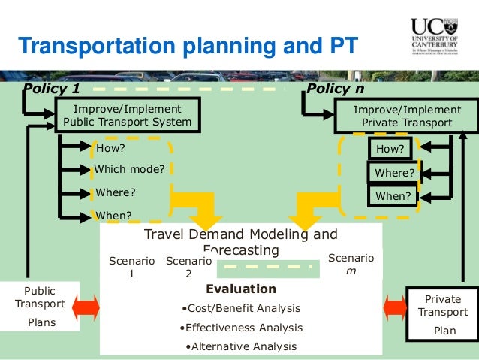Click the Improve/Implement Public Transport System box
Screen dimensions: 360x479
pos(127,116)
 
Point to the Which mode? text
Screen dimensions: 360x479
pos(129,169)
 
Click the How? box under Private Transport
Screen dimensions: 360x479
pos(390,149)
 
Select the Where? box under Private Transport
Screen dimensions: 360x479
pos(394,173)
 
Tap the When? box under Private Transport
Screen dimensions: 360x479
pos(393,196)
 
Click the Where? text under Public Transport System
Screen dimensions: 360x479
pos(116,192)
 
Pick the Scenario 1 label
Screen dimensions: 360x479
pos(131,268)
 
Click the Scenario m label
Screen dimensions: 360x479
pos(351,265)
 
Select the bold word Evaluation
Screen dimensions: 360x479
pos(240,289)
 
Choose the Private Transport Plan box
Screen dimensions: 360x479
pos(442,315)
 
